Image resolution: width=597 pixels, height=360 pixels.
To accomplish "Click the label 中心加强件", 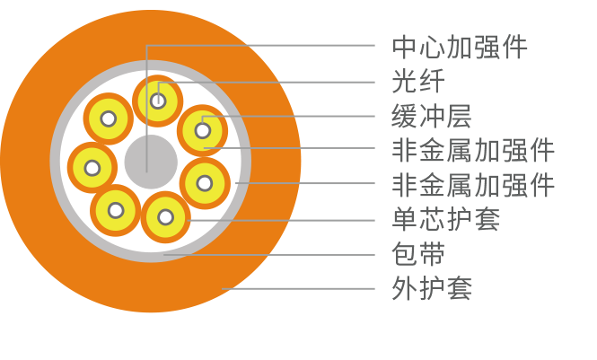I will [460, 46].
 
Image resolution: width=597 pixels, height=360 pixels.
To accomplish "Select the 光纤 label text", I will [418, 81].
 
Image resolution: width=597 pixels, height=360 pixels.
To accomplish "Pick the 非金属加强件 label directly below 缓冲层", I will [473, 149].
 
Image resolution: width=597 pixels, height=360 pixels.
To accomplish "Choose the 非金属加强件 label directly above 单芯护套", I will [473, 185].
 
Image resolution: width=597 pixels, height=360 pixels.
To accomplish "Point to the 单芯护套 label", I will [446, 219].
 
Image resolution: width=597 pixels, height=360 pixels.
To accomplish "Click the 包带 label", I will [418, 254].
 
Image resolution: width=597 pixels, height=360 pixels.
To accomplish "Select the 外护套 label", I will [432, 289].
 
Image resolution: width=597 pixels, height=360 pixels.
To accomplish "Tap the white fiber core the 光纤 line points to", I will [158, 100].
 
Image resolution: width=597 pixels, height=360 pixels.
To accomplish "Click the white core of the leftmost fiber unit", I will [92, 167].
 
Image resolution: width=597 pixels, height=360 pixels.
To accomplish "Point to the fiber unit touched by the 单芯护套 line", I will [166, 216].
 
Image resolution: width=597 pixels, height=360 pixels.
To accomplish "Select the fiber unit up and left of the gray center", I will [109, 118].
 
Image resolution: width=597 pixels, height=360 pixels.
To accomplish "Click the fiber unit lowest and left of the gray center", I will [116, 210].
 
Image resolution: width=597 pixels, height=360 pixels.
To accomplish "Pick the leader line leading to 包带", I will [269, 255].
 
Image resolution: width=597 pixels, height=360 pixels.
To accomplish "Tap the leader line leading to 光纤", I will [269, 82].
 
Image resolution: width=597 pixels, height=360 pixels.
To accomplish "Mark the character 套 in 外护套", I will [460, 289].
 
